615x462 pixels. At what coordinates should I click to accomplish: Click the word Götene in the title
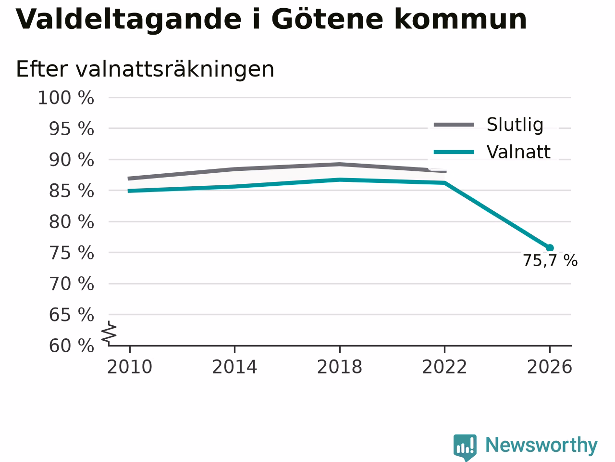327,19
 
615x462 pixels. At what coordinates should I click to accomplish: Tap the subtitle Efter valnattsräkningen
145,69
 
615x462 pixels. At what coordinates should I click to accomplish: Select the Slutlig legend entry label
515,125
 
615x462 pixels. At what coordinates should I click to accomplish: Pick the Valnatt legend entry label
518,152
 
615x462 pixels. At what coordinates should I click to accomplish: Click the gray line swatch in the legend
454,125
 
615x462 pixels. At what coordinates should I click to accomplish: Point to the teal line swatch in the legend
454,153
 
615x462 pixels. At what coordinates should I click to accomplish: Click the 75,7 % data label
550,260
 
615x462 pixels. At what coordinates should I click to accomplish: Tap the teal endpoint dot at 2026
550,248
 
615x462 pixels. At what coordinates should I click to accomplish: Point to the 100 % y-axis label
66,98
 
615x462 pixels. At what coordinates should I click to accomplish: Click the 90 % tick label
72,160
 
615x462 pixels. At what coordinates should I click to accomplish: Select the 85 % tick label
72,191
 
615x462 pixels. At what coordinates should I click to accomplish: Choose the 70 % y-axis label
72,284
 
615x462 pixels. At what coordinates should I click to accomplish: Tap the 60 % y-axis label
72,346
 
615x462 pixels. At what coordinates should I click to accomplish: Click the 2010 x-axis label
129,367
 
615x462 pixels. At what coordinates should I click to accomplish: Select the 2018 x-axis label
340,367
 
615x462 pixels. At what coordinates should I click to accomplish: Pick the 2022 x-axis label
444,367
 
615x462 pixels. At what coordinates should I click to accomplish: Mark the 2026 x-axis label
550,367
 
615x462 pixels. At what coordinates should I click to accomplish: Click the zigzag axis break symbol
109,333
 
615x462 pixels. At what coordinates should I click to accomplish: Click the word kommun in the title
461,19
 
